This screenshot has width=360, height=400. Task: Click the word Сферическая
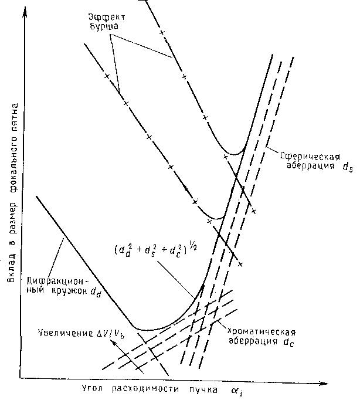311,157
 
